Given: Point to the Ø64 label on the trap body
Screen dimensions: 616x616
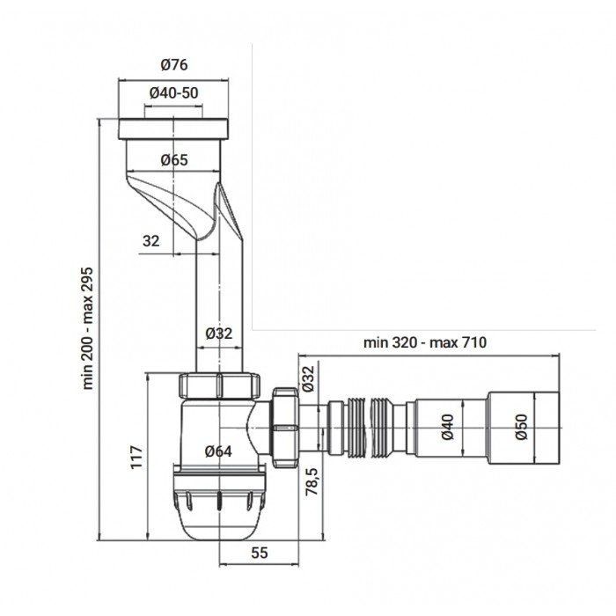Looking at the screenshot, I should [x=217, y=451].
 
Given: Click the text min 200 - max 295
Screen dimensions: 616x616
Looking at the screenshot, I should [x=88, y=327].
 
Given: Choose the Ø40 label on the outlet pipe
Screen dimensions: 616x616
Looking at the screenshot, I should [x=447, y=426].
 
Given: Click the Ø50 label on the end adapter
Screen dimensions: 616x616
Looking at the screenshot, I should [x=520, y=426].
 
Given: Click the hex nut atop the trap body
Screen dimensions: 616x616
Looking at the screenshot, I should [x=220, y=386].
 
